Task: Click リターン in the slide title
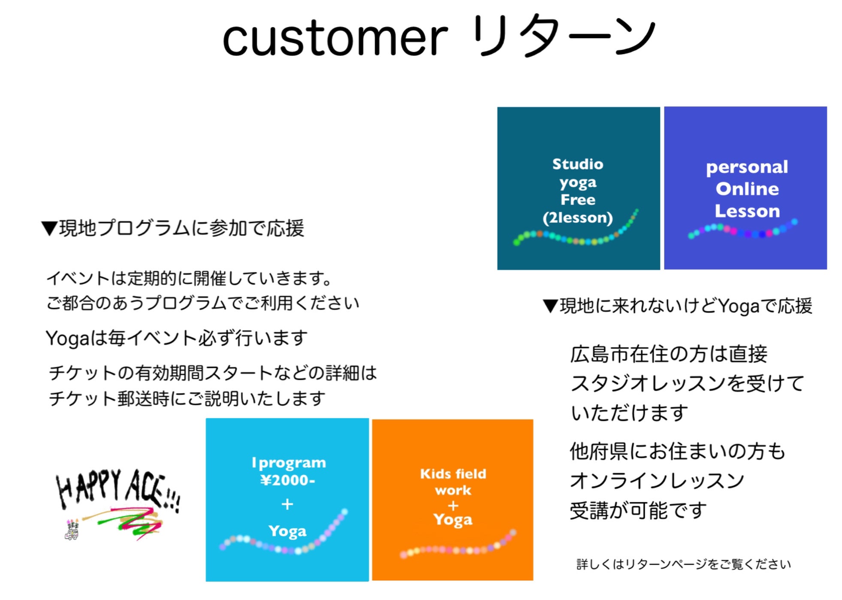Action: [563, 35]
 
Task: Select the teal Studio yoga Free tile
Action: [578, 188]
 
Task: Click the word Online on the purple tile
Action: [747, 189]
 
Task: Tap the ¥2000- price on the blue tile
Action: [287, 480]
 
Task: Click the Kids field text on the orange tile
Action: [453, 473]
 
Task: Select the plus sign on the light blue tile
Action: [287, 504]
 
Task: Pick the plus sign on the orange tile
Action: [453, 506]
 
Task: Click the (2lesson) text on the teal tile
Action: [577, 218]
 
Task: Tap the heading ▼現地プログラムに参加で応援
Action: [172, 228]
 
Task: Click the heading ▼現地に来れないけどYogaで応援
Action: [677, 306]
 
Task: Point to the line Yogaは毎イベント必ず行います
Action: [176, 338]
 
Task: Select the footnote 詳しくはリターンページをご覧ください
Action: [683, 564]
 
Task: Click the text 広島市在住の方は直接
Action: [668, 354]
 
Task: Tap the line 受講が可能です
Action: [638, 510]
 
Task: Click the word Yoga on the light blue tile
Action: [287, 531]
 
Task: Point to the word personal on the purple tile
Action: [747, 167]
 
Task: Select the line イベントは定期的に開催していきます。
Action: [189, 278]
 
